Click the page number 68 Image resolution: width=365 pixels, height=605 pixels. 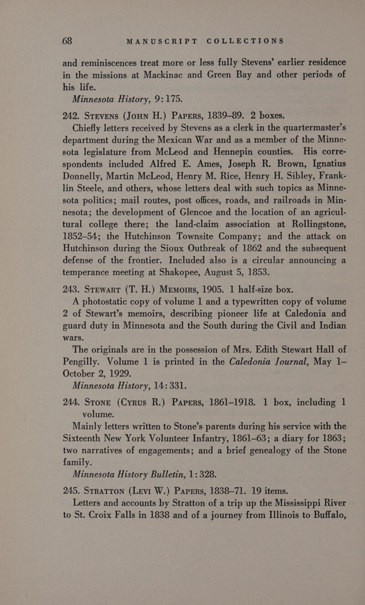coord(37,40)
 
